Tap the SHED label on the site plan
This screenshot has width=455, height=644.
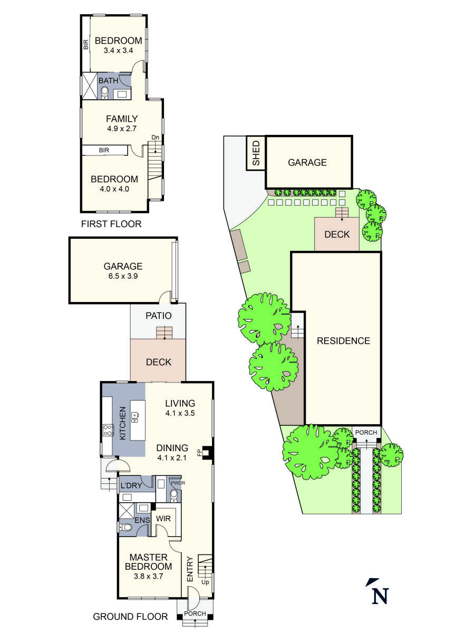coord(256,153)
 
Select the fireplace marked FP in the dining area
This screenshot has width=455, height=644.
coord(207,452)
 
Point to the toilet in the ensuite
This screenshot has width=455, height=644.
coord(125,527)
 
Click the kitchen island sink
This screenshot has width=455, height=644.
coord(134,417)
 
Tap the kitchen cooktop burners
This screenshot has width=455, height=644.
coord(108,430)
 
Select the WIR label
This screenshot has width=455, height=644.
coord(163,519)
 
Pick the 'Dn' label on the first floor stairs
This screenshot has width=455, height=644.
coord(155,138)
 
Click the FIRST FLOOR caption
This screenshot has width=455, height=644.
coord(111,224)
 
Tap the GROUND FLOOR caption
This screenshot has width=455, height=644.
coord(130,617)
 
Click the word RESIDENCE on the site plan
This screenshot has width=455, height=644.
coord(343,340)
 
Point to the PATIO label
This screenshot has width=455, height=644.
coord(159,316)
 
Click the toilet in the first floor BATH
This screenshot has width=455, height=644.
coord(105,94)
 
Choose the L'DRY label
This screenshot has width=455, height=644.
coord(132,485)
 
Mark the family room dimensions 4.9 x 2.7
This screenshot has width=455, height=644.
coord(122,128)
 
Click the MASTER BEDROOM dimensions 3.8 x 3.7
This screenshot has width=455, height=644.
coord(148,576)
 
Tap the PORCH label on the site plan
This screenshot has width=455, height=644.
coord(366,433)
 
